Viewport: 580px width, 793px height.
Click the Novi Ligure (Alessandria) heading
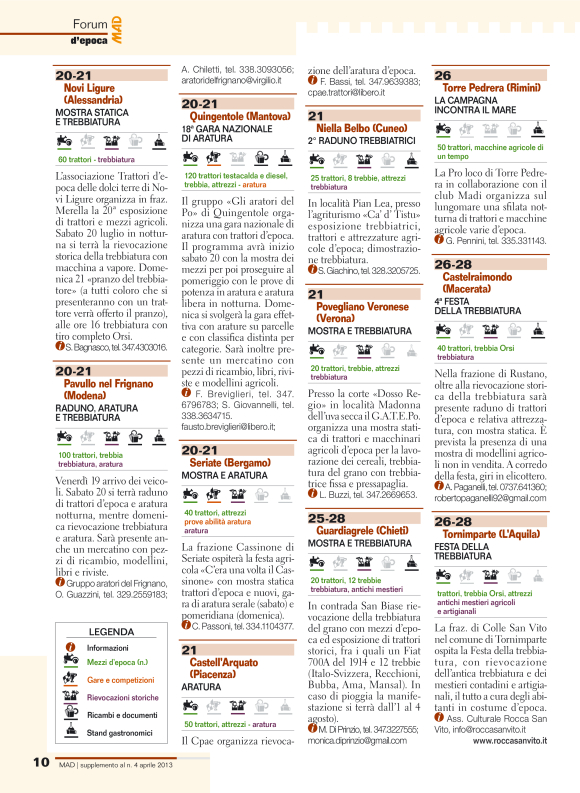click(92, 94)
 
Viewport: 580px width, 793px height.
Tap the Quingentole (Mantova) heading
click(239, 116)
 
